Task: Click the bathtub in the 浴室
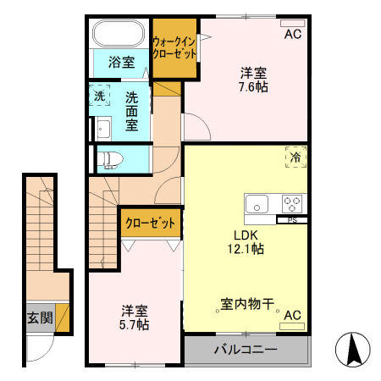click(119, 35)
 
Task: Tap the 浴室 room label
click(121, 61)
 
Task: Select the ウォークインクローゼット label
click(174, 47)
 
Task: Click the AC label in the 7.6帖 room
click(293, 35)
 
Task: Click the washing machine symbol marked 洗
click(99, 96)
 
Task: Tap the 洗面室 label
click(132, 110)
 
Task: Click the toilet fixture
click(111, 158)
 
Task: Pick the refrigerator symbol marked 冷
click(295, 157)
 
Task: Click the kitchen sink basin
click(257, 203)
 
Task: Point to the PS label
click(292, 221)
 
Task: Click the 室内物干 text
click(246, 303)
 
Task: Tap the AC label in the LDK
click(293, 316)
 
